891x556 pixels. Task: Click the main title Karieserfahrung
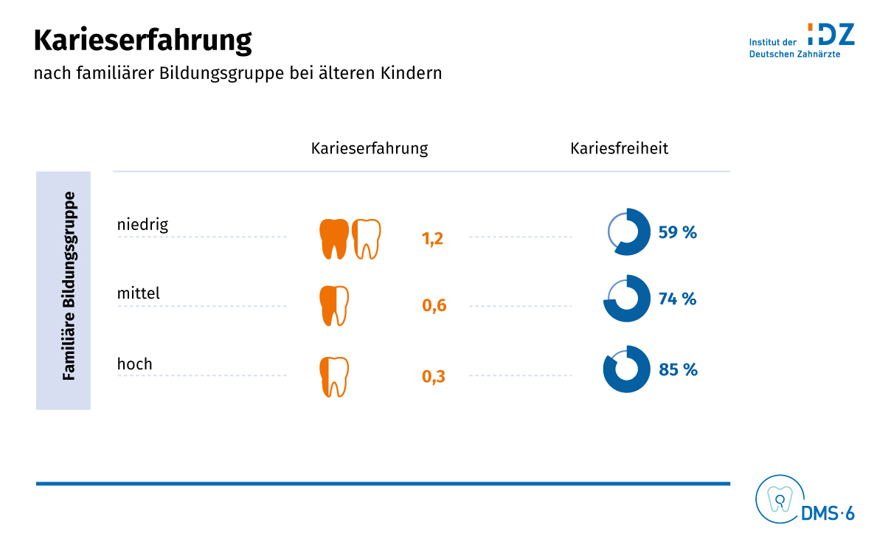tap(142, 41)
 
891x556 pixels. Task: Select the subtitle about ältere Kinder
tap(238, 74)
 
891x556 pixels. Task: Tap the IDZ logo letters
tap(831, 35)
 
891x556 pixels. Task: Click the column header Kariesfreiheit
tap(619, 148)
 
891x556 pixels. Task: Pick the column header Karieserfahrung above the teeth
tap(369, 148)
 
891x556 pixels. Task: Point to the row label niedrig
tap(142, 224)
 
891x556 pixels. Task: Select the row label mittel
tap(138, 293)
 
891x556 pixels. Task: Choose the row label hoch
tap(134, 364)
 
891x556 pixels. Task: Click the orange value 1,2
tap(432, 239)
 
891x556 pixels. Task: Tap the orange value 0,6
tap(434, 306)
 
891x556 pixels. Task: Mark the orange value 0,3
tap(434, 377)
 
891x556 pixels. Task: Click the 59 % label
tap(677, 233)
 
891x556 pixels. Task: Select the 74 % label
tap(677, 299)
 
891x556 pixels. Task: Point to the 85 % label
tap(678, 369)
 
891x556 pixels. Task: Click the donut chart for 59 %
tap(628, 232)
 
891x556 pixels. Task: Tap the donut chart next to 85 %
tap(627, 369)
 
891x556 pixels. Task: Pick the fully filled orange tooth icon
tap(334, 238)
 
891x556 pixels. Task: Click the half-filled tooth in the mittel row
tap(333, 306)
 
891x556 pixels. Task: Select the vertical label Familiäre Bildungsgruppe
tap(69, 286)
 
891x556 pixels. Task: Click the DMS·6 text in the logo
tap(828, 514)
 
